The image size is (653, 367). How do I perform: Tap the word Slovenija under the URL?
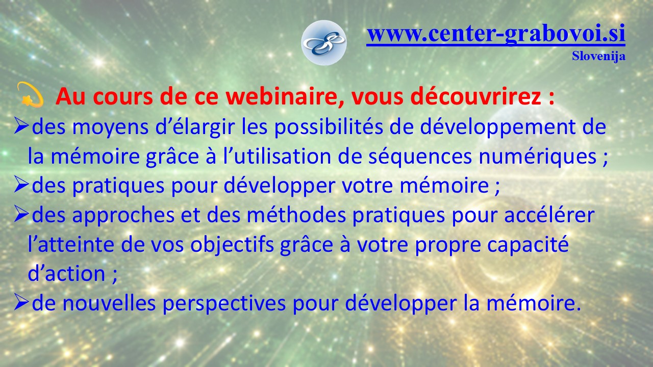(598, 56)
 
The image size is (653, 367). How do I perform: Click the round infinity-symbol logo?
(323, 43)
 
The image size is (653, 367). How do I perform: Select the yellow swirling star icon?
(30, 94)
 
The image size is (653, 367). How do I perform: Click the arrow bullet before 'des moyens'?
(21, 127)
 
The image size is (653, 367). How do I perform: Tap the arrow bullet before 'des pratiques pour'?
(21, 186)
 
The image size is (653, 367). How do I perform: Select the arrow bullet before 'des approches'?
(21, 215)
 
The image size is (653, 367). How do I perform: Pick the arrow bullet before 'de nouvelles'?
(21, 303)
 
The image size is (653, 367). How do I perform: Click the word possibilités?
(329, 127)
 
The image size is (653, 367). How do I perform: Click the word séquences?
(420, 156)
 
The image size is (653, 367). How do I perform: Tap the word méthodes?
(296, 215)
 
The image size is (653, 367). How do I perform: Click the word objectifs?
(232, 245)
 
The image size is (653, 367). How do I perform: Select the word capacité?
(528, 245)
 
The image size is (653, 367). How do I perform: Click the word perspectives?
(224, 303)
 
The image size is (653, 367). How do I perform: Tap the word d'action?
(66, 274)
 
